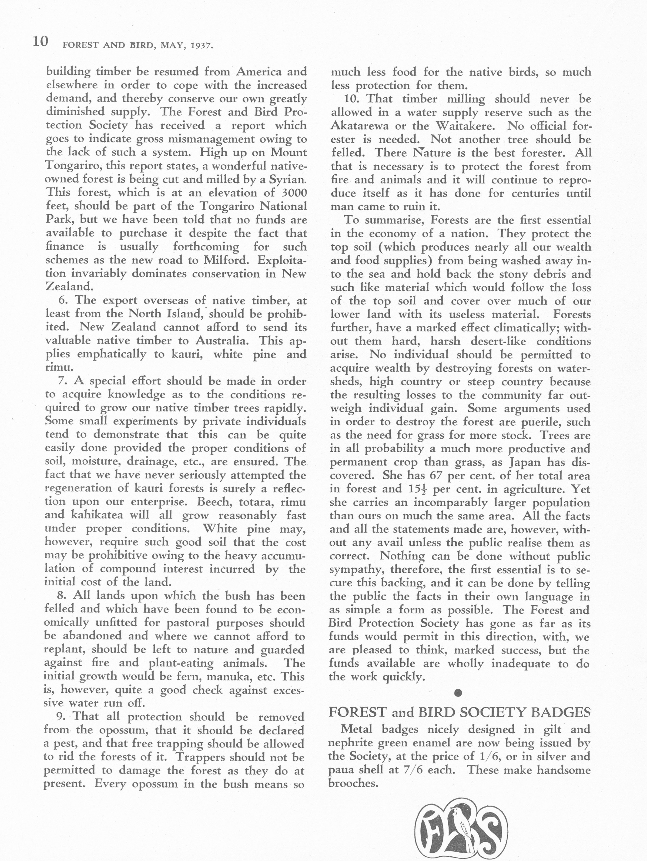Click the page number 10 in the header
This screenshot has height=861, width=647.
40,41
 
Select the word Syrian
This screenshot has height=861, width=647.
288,180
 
